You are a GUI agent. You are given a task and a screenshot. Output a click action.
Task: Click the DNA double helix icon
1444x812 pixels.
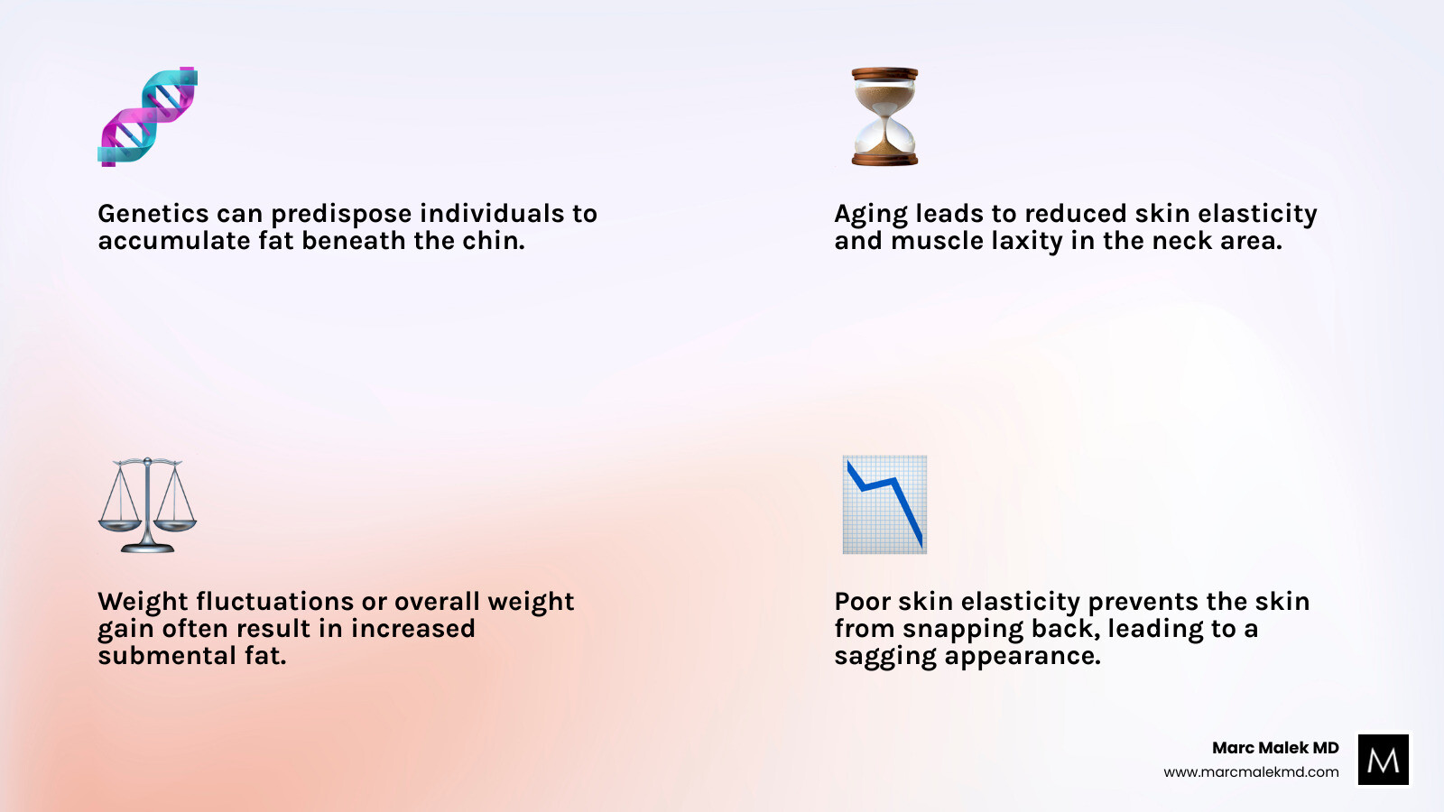[x=147, y=116]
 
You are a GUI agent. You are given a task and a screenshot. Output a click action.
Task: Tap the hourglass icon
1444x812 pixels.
[x=884, y=116]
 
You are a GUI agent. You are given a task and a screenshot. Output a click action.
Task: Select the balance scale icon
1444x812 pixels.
[x=147, y=505]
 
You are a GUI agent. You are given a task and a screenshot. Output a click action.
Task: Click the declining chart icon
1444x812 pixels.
[x=884, y=504]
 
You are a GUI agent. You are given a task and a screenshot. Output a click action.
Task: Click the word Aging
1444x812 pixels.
[x=871, y=215]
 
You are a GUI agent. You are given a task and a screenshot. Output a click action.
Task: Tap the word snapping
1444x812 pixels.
[x=963, y=630]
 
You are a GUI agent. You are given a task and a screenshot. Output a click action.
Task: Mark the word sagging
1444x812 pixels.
[x=885, y=657]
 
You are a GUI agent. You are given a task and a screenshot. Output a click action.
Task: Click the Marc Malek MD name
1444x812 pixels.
[x=1275, y=748]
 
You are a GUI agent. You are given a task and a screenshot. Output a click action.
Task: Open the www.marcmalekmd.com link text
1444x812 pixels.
[x=1251, y=772]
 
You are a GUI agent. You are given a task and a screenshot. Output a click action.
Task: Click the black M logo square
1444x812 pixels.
[x=1383, y=760]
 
